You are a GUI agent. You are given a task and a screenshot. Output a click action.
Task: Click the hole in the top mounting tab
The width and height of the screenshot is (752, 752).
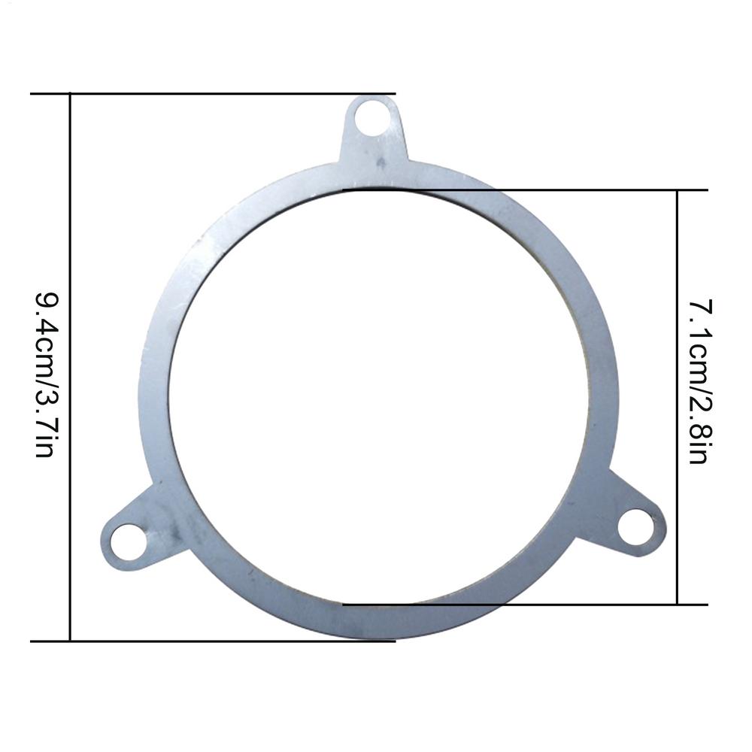click(372, 118)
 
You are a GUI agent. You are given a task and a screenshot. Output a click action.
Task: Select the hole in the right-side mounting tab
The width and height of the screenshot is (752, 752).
click(636, 526)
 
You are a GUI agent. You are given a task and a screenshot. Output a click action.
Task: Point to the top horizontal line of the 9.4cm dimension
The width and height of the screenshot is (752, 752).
click(226, 94)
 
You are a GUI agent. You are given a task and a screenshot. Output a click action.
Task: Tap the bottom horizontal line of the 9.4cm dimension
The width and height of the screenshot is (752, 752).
click(226, 641)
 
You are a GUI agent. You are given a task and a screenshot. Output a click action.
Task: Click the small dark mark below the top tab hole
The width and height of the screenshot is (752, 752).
click(381, 161)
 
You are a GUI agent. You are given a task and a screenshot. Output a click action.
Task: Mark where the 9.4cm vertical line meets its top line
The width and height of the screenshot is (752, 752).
click(70, 94)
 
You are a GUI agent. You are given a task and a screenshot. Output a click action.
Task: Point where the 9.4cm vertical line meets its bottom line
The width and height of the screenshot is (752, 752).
click(70, 641)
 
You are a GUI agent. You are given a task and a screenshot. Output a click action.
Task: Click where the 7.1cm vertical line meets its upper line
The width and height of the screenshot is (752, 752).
click(678, 190)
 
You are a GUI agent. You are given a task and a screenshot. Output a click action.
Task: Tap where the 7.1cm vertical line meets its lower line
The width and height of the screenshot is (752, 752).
click(678, 604)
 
